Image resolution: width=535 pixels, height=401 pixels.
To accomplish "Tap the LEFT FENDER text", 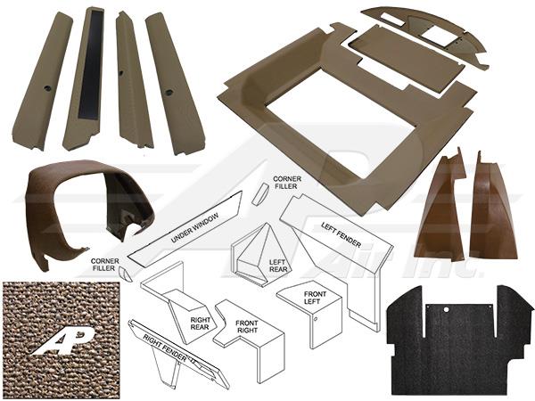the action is coord(341,234).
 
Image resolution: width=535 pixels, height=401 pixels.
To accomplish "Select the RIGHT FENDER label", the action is coord(165,348).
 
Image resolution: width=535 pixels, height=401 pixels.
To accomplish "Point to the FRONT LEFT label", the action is coord(315,298).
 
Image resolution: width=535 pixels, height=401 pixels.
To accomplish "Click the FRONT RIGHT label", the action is coord(247,327).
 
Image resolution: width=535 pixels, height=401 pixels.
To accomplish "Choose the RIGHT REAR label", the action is coord(201,323).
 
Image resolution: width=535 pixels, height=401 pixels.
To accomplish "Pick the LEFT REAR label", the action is coord(278,266).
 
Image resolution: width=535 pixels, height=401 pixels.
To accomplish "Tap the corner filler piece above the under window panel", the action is coord(260,193).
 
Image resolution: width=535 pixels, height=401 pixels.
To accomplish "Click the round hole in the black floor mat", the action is coord(447,310).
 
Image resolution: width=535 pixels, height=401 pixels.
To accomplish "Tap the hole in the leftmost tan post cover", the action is coord(46,88).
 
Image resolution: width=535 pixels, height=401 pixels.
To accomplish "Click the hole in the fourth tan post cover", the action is coord(168,93).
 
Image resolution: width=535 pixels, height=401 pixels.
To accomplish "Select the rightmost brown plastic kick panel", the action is coord(493,208).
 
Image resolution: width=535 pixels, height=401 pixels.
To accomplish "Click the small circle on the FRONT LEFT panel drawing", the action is coord(317,320).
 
